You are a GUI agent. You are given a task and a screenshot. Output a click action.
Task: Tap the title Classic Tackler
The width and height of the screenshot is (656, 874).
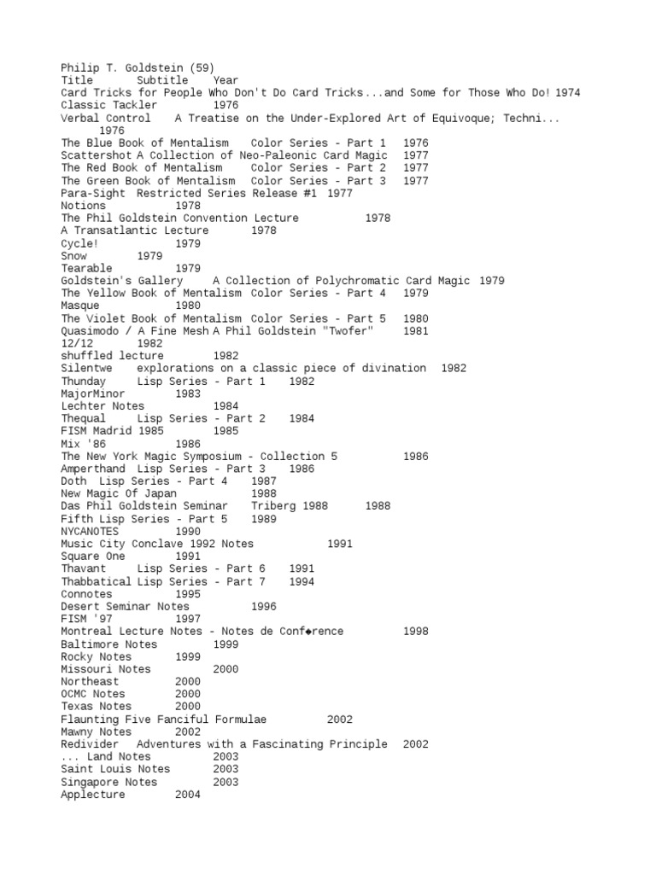(x=108, y=105)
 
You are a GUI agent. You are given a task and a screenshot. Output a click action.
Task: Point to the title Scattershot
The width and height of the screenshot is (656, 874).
(x=95, y=155)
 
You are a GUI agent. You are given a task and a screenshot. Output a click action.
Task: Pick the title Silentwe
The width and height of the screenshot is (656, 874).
(x=86, y=369)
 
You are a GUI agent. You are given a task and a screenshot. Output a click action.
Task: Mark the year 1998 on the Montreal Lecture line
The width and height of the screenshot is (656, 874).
(x=415, y=632)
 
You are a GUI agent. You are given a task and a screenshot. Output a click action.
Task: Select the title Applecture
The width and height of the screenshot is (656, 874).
(x=92, y=795)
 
